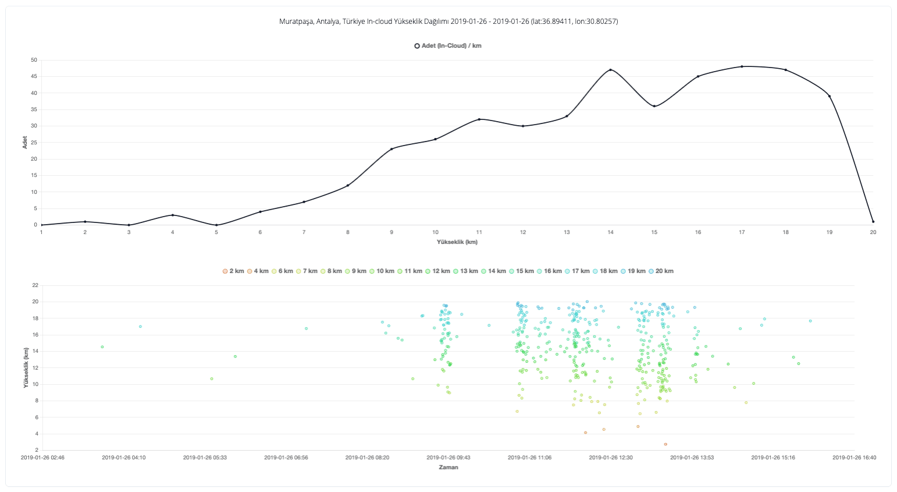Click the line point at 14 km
610,70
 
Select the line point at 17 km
742,66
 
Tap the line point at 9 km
391,149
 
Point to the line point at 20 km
873,221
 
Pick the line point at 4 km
173,215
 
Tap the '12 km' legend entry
437,271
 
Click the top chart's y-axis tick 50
34,60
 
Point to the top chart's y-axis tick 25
34,143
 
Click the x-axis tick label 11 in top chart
479,232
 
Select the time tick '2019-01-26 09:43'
449,458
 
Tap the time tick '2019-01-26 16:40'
854,458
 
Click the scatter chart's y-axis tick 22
35,285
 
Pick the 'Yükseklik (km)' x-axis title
457,242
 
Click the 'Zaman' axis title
448,468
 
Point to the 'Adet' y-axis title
25,143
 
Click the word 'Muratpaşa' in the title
296,22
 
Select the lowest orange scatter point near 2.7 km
665,444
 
